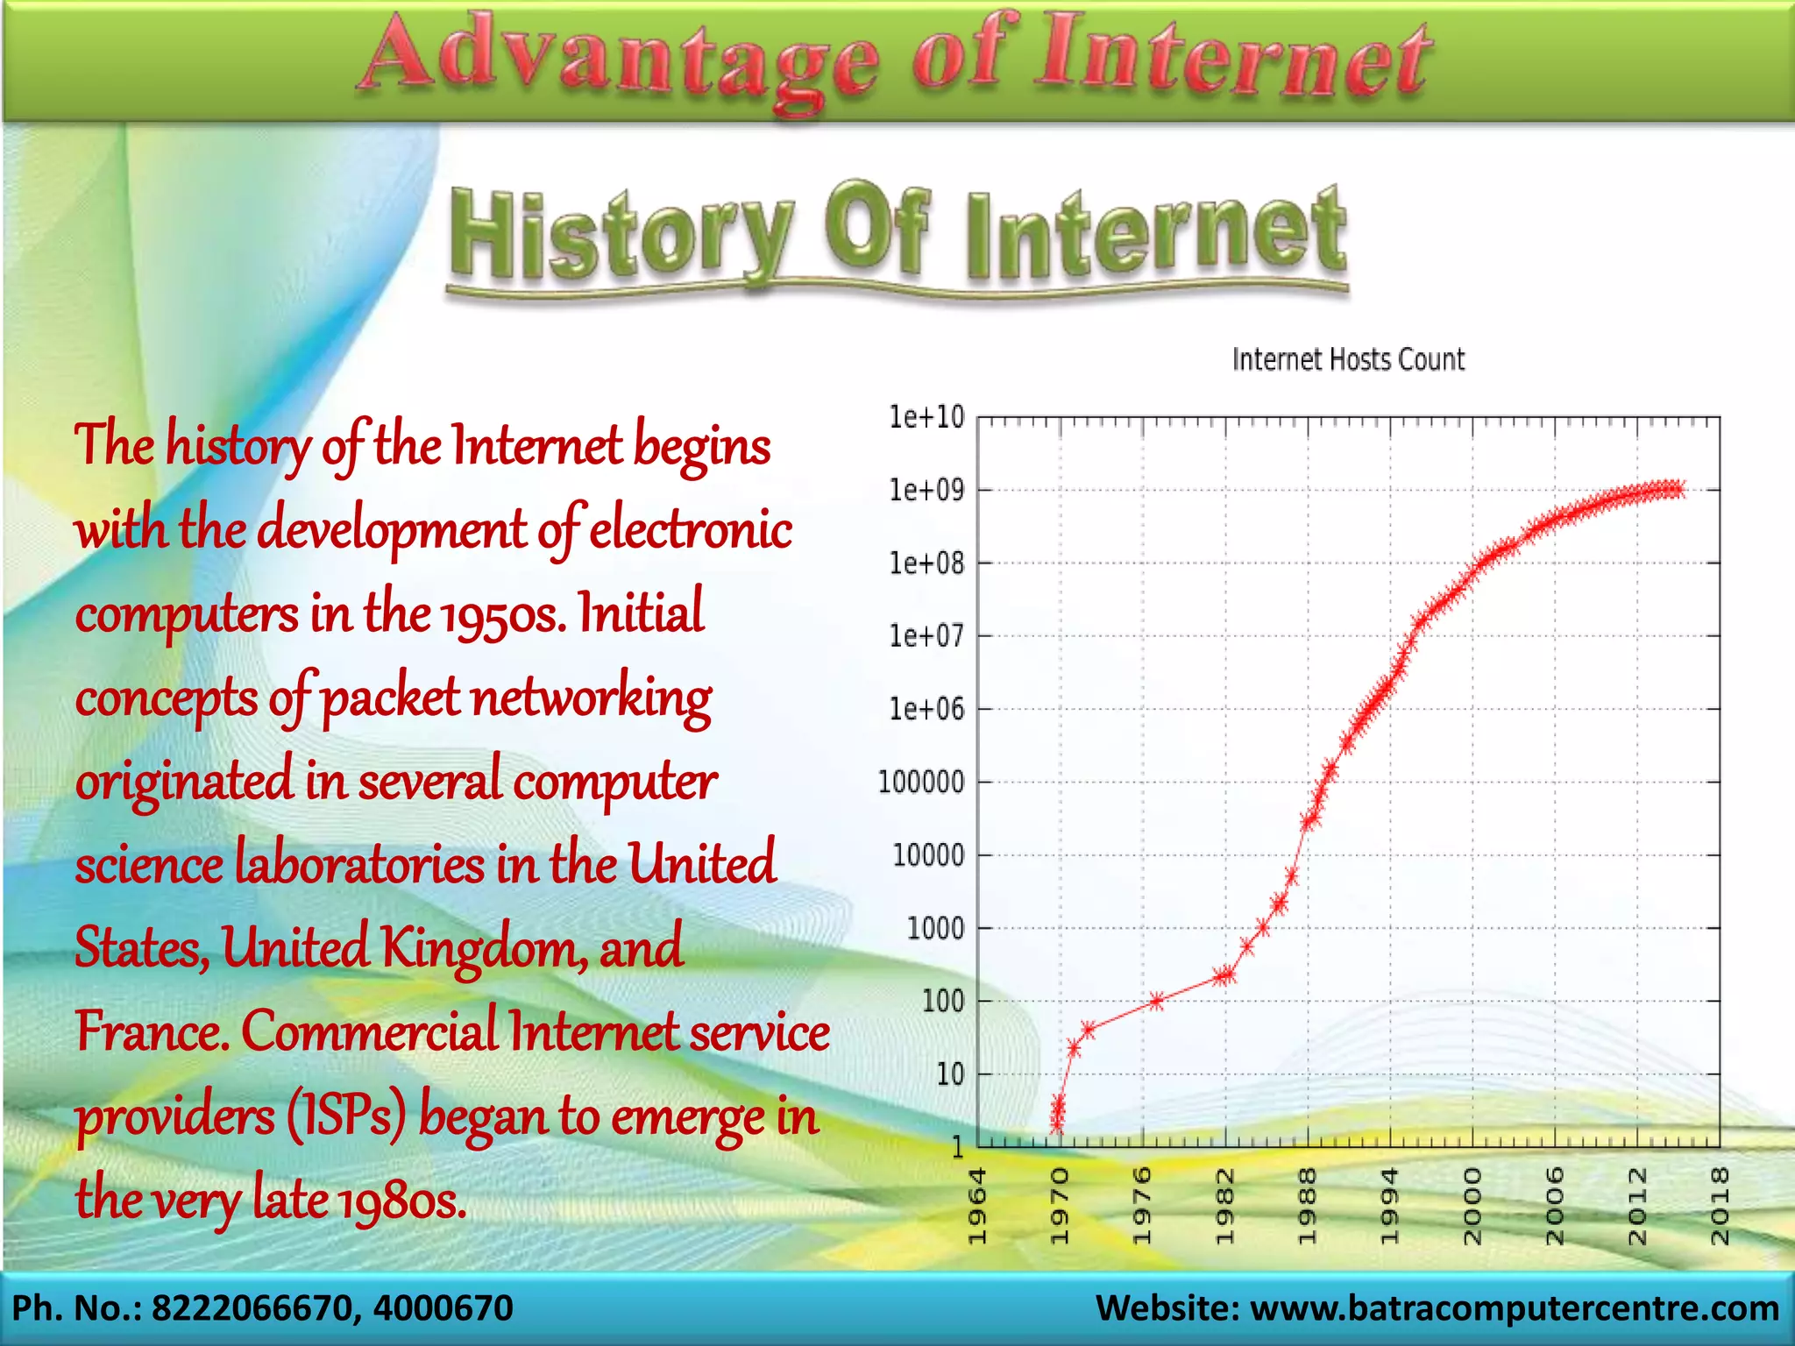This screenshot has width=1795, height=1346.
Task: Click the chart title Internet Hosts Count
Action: tap(1348, 359)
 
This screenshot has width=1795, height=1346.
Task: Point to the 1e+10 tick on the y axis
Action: tap(926, 417)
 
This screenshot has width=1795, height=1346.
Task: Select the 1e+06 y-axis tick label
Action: tap(926, 709)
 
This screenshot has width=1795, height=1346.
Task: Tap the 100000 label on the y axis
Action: tap(921, 782)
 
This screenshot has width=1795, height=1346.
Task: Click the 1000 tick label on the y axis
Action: tap(934, 927)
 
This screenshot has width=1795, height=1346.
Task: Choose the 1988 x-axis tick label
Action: tap(1308, 1206)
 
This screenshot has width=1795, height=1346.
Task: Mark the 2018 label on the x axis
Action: tap(1720, 1206)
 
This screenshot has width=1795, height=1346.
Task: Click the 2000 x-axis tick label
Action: tap(1472, 1206)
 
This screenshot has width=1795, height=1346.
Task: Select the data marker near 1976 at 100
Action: tap(1156, 1001)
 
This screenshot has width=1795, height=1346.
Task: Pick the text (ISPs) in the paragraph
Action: tap(345, 1117)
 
